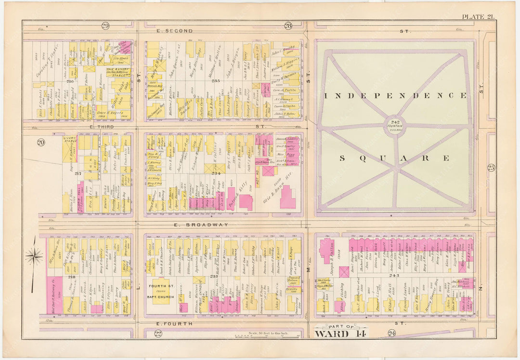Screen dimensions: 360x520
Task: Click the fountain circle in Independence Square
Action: click(x=394, y=126)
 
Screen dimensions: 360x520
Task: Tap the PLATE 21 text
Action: click(x=478, y=17)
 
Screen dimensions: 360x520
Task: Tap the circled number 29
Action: click(x=105, y=26)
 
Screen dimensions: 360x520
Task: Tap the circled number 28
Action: click(x=288, y=26)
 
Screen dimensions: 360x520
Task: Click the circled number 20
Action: click(x=41, y=142)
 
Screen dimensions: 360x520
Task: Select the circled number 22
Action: click(x=158, y=333)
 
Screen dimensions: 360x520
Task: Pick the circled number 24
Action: click(x=391, y=333)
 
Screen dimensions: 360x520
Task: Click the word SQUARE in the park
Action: click(x=395, y=158)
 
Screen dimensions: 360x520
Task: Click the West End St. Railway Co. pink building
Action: click(x=56, y=294)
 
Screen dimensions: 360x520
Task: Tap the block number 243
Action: click(x=395, y=275)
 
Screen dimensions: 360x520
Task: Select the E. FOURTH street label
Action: click(x=171, y=323)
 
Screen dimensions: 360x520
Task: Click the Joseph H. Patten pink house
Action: click(x=327, y=251)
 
